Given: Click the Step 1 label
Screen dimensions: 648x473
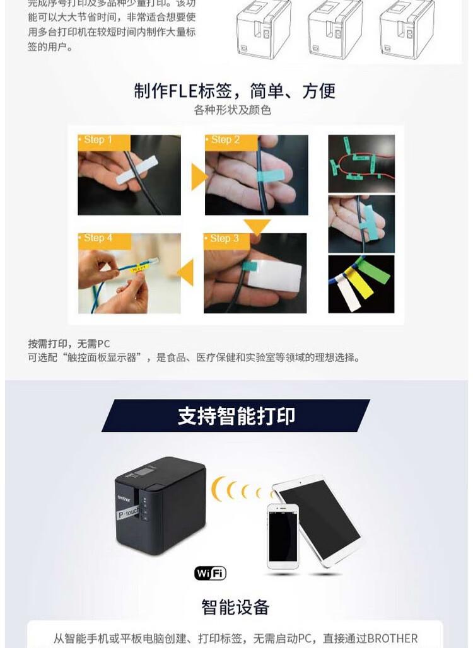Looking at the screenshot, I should (98, 140).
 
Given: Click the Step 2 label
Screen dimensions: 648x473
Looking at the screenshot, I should (226, 140).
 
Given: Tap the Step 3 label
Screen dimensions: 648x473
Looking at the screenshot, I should (225, 238).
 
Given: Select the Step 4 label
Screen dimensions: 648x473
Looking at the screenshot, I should (98, 238).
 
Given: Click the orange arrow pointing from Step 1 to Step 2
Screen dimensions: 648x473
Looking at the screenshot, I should (198, 177).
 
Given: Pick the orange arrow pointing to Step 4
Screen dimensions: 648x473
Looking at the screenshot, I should (185, 274).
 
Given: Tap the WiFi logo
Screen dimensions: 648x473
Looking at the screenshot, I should (210, 573).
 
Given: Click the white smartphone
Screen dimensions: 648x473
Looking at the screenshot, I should (282, 536).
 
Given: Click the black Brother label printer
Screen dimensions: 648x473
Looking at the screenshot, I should (160, 504).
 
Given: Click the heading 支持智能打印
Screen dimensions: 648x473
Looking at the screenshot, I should (236, 416).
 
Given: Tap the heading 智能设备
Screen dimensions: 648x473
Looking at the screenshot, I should (235, 607).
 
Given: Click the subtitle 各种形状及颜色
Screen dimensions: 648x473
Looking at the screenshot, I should (233, 110).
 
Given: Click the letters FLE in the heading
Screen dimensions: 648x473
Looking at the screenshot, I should (183, 91).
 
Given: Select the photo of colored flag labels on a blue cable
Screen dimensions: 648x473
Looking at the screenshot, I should (361, 284).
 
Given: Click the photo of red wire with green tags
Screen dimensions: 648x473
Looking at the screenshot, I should (361, 163).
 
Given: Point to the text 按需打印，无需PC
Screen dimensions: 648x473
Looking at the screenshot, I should (69, 344).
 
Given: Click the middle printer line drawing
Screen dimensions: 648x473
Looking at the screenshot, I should (335, 30).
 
